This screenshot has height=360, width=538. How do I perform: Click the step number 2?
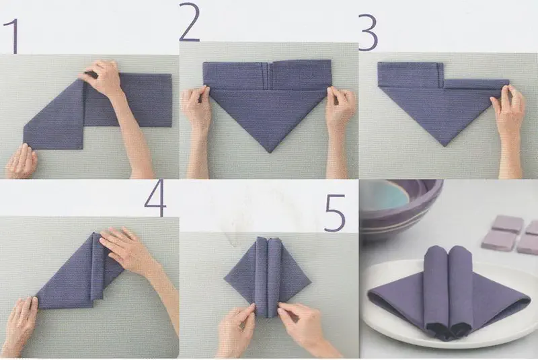pyautogui.click(x=189, y=22)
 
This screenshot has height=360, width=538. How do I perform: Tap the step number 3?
pyautogui.click(x=369, y=32)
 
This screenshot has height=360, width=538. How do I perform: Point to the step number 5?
pyautogui.click(x=334, y=213)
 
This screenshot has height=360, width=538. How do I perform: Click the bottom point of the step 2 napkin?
pyautogui.click(x=271, y=152)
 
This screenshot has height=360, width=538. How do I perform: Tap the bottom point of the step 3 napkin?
pyautogui.click(x=445, y=146)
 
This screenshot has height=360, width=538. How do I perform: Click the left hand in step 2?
pyautogui.click(x=196, y=113)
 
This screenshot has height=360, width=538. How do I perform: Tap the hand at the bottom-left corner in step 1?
pyautogui.click(x=22, y=161)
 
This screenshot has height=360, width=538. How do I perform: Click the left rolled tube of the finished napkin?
pyautogui.click(x=436, y=288)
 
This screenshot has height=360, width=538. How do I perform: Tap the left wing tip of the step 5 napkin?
pyautogui.click(x=225, y=279)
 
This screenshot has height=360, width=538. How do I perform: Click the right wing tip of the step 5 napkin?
pyautogui.click(x=311, y=283)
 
